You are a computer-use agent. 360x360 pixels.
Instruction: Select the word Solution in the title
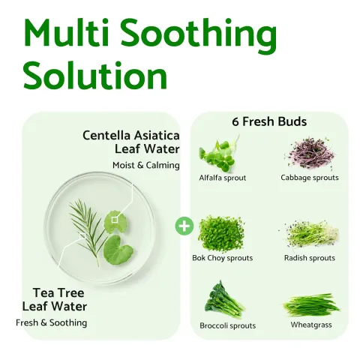point(95,76)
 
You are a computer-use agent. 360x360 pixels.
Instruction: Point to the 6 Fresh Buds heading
point(270,121)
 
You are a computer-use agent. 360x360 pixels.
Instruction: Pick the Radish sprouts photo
point(310,233)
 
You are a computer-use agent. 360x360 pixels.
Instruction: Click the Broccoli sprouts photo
point(223,299)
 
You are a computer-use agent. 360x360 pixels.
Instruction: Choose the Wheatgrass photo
point(310,305)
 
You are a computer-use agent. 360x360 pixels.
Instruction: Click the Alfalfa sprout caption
point(223,178)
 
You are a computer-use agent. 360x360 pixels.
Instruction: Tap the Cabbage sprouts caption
point(310,178)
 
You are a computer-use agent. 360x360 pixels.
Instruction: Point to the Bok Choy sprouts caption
point(223,258)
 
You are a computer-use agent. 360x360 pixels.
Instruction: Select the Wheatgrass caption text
point(311,325)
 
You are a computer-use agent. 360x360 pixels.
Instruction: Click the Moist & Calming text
point(146,165)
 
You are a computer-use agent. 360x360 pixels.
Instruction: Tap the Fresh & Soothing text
point(52,322)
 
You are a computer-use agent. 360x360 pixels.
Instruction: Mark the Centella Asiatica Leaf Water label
point(131,142)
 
